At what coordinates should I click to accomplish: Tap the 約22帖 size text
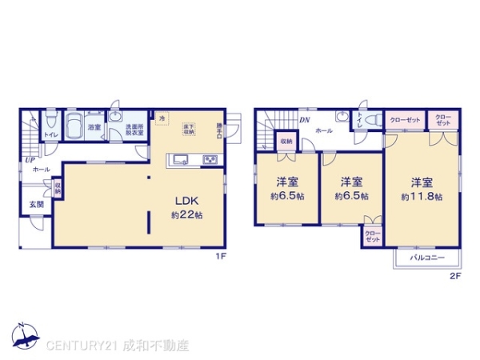pos(186,215)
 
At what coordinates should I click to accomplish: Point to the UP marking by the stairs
pos(30,159)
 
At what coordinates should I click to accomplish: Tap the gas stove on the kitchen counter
pos(210,158)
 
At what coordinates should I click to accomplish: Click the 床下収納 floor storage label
pos(189,129)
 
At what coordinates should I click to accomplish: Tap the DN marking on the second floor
pos(305,121)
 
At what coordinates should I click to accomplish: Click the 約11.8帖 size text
pos(422,196)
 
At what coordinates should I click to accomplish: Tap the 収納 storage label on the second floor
pos(286,142)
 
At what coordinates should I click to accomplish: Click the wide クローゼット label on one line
pos(405,120)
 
